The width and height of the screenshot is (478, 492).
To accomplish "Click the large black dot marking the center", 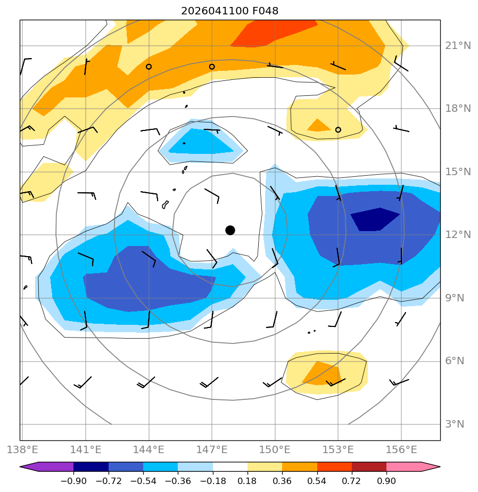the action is coord(230,231).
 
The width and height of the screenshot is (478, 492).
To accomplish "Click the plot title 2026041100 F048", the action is coord(229,11).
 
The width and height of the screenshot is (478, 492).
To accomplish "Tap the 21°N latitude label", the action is coord(458,46).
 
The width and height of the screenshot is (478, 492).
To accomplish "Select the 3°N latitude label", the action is coord(455,424).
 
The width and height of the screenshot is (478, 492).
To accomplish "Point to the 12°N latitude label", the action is coord(458,235).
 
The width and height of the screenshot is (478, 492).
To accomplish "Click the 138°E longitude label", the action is coord(22,450).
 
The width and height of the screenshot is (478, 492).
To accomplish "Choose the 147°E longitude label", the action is coord(212,450).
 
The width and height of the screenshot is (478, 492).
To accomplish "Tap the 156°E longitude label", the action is coord(401,450).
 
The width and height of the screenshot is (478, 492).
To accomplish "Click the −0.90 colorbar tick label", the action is coord(73,481).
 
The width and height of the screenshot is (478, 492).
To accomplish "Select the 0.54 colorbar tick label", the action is coord(317,481).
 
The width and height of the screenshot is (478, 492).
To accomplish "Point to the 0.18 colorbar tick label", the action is coord(248,481).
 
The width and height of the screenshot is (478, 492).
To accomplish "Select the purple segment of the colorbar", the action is coord(47,467).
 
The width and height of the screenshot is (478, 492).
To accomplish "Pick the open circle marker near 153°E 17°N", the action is coord(338,129).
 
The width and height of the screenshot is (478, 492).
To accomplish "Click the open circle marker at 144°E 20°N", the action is coord(149,67).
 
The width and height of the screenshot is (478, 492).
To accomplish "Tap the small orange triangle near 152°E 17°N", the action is coord(318,126).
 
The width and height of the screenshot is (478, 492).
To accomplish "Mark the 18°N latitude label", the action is coord(458,109).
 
